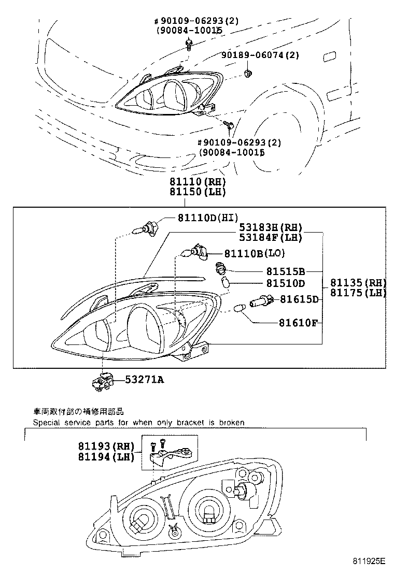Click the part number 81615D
point(299,299)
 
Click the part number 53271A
point(144,380)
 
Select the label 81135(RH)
point(358,283)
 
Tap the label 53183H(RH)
point(270,228)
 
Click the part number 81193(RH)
point(106,447)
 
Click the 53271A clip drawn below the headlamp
point(102,383)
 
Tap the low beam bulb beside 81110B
point(198,252)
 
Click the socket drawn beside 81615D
point(262,299)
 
